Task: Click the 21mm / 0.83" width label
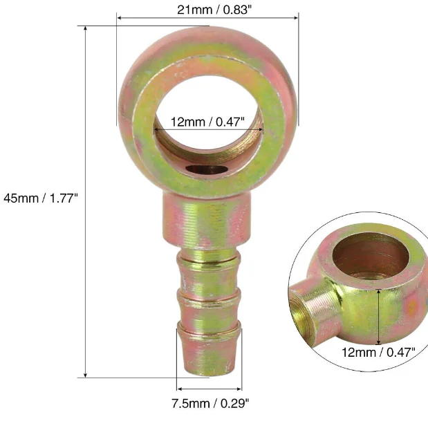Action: click(214, 10)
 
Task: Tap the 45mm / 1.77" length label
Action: click(41, 198)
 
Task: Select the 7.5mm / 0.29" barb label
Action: click(210, 403)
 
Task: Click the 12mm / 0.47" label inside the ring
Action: click(207, 122)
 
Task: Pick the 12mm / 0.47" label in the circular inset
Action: click(378, 353)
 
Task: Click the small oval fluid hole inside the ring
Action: click(207, 169)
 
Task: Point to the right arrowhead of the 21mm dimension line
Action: click(296, 18)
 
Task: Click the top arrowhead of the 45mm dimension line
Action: click(86, 28)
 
